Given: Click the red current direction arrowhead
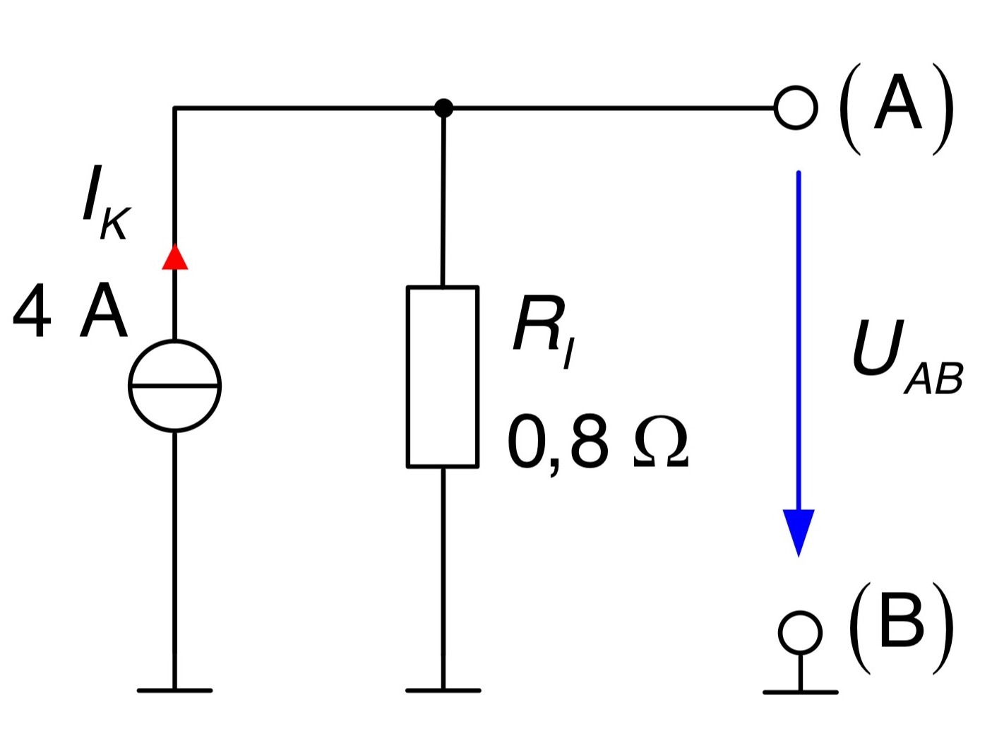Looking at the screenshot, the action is (x=174, y=257).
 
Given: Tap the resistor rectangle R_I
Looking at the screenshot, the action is (x=408, y=377).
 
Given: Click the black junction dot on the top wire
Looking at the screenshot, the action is (x=443, y=108).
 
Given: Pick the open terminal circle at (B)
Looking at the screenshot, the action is (x=779, y=632).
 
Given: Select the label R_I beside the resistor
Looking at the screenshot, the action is (x=544, y=331).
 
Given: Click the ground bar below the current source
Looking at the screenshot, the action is (x=174, y=690).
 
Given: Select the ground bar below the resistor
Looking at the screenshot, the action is (x=443, y=690).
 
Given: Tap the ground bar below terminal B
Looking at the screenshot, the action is (x=801, y=692).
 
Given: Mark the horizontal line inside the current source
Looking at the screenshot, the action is (x=174, y=386).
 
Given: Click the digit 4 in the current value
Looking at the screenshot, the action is (x=32, y=311).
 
